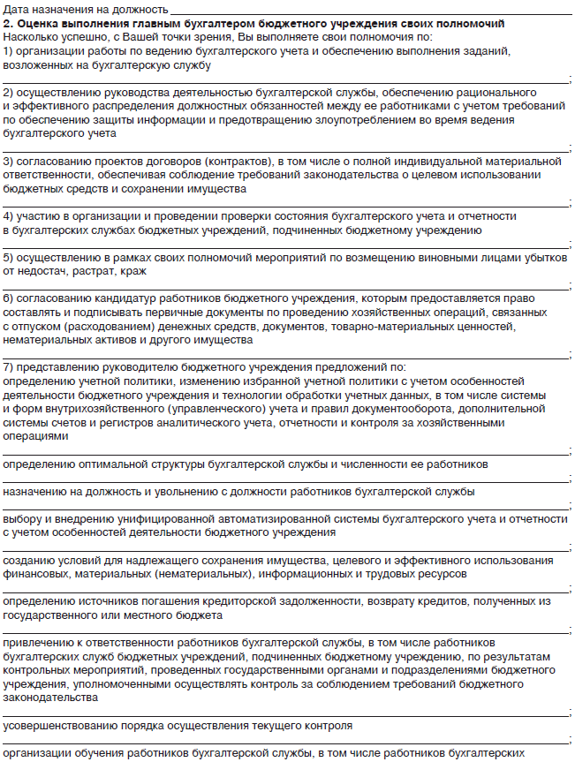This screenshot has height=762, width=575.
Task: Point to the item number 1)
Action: tap(9, 52)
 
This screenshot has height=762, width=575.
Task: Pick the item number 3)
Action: tap(9, 162)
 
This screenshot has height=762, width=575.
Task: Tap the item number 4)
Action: tap(9, 216)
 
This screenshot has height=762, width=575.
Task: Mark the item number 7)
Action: tap(9, 366)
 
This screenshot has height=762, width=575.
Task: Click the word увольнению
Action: tap(195, 491)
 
